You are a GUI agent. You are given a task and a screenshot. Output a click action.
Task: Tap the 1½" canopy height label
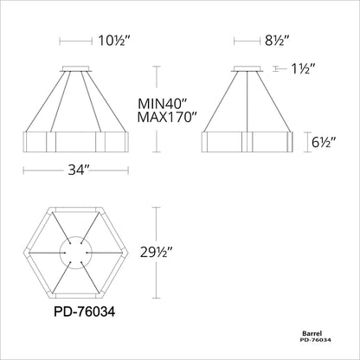pos(304,67)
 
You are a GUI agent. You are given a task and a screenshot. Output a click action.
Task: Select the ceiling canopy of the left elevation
pos(75,67)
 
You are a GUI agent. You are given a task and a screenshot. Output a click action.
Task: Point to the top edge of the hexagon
pos(75,210)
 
